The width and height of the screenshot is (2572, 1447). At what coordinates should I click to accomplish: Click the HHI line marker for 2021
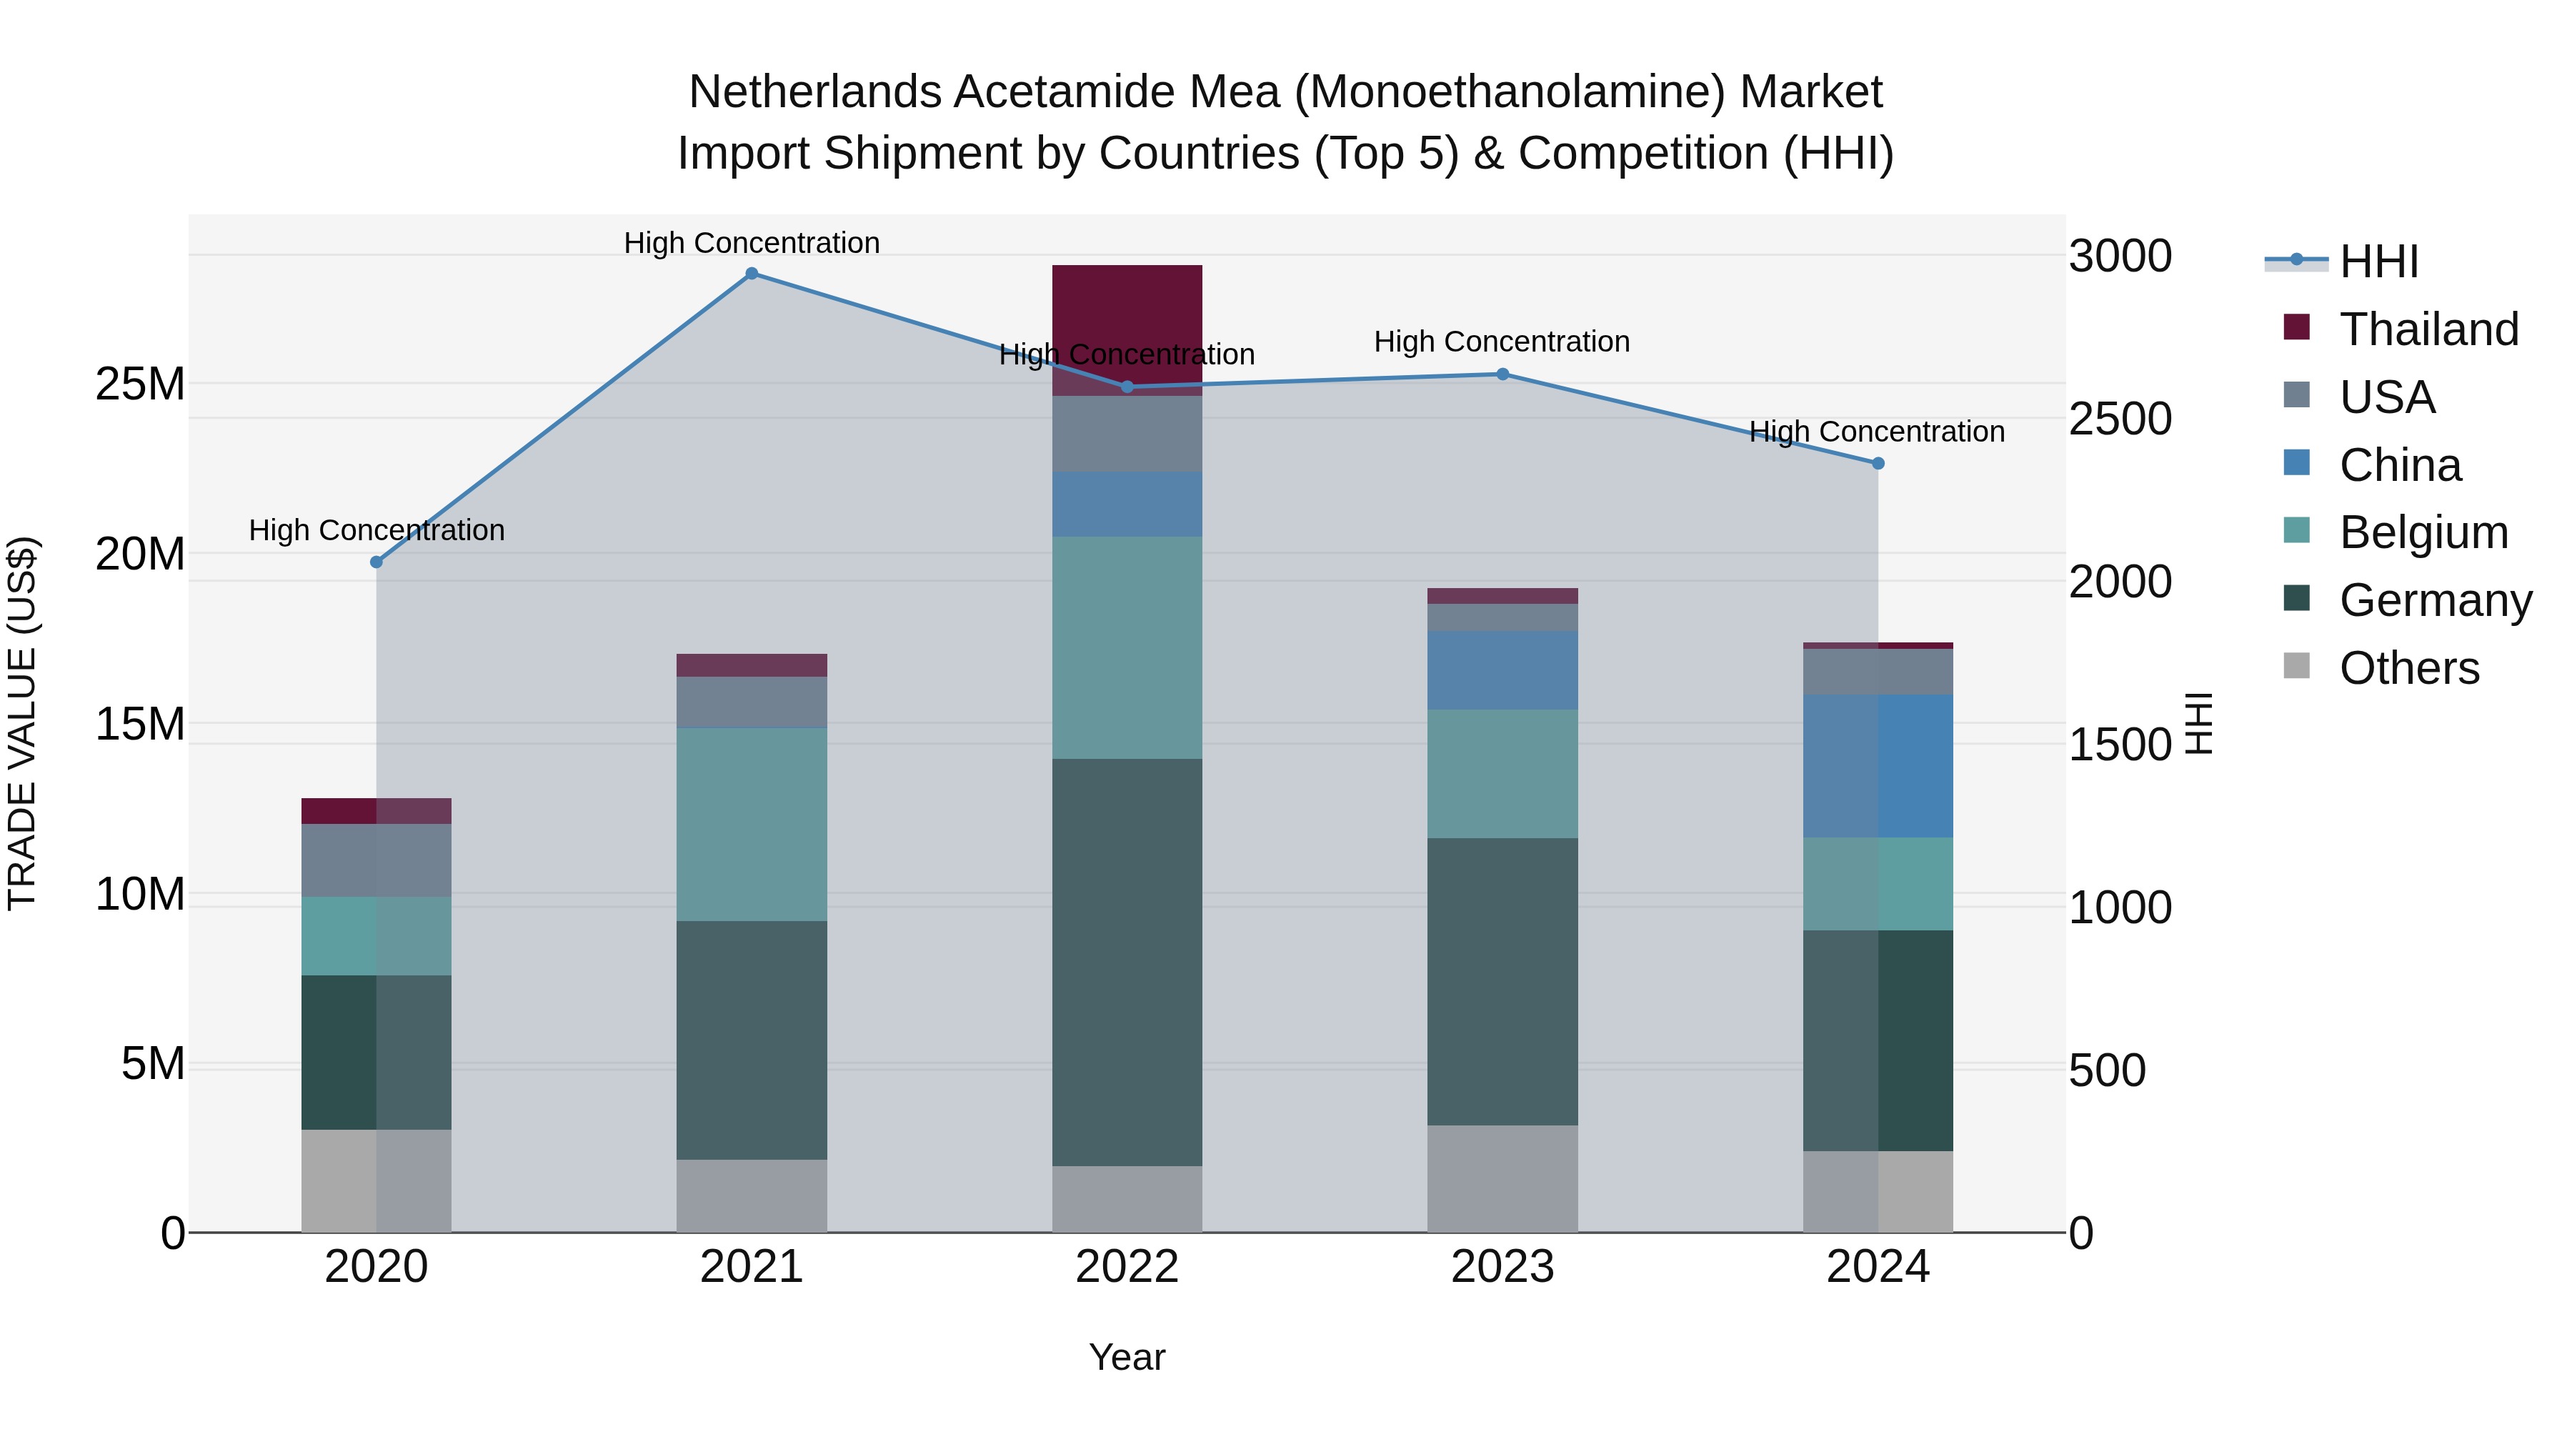tap(752, 274)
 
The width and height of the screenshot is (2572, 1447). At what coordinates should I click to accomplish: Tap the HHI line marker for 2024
tap(1878, 463)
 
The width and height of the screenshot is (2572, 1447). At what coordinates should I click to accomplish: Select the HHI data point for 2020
tap(377, 562)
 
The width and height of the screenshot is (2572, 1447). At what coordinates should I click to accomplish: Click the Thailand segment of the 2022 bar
tap(1127, 329)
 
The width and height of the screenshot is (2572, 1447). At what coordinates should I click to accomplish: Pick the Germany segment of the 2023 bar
tap(1502, 982)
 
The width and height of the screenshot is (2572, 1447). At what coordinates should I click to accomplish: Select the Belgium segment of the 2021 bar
tap(752, 824)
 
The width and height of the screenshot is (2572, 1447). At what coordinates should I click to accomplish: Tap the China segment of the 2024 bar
tap(1878, 766)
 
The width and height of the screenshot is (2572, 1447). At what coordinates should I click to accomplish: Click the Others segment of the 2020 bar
tap(377, 1180)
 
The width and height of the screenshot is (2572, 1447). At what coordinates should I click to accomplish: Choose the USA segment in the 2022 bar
tap(1127, 434)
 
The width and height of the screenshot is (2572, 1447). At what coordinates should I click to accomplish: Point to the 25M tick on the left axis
tap(140, 384)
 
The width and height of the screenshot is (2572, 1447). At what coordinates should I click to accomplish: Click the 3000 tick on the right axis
tap(2120, 257)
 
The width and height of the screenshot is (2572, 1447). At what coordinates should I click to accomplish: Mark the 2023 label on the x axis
tap(1502, 1267)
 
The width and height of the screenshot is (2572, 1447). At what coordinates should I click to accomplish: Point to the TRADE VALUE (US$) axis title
tap(23, 723)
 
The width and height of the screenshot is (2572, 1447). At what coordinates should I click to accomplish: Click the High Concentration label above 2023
tap(1502, 342)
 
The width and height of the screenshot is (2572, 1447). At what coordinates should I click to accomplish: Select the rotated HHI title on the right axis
tap(2200, 723)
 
